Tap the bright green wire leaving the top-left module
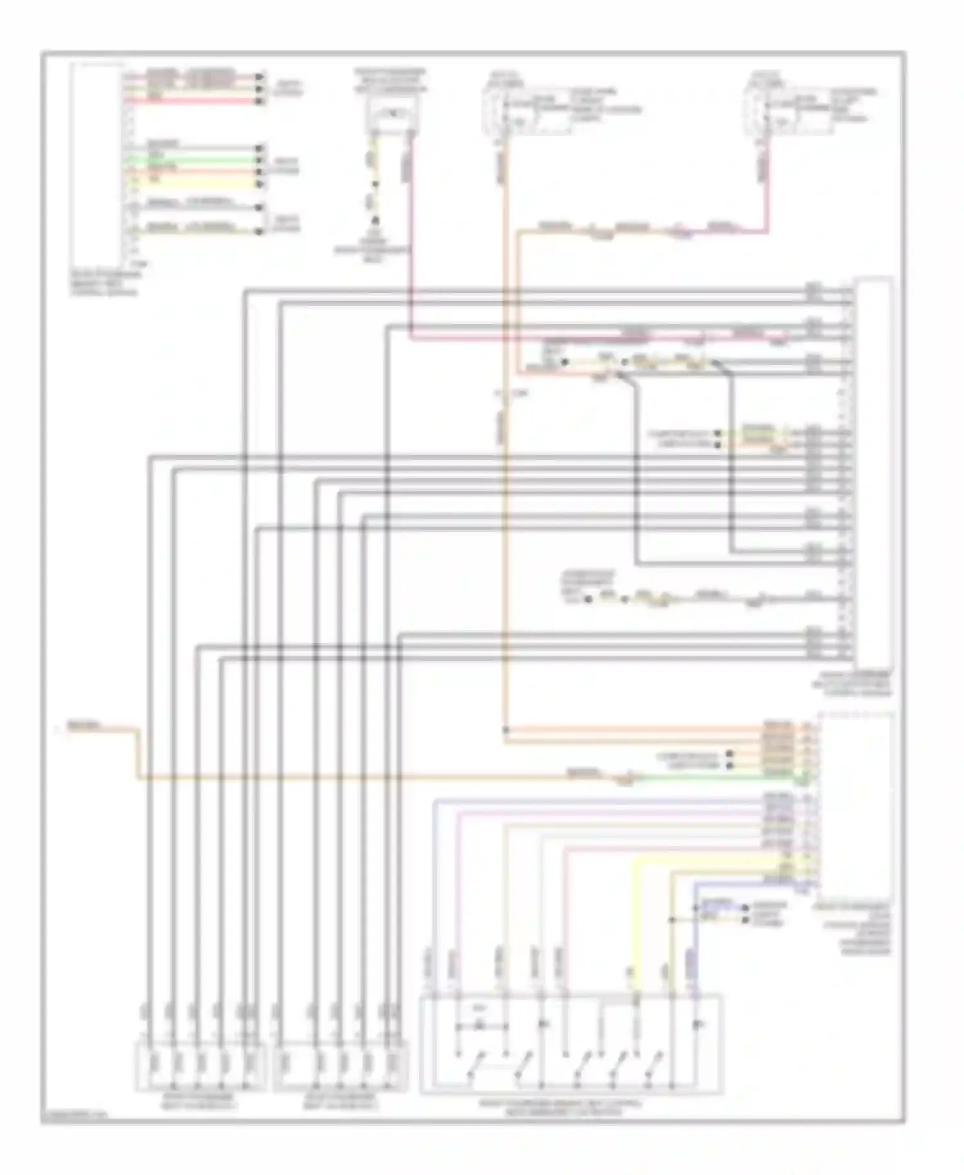point(193,161)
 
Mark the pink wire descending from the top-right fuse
point(766,193)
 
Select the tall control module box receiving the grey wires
point(873,472)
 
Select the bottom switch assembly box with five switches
point(571,1043)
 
